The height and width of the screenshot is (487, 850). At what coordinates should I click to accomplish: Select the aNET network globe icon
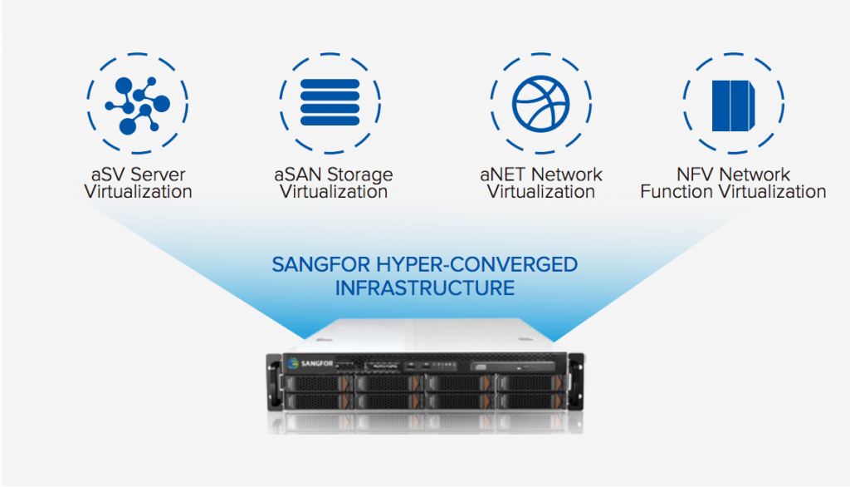pos(540,106)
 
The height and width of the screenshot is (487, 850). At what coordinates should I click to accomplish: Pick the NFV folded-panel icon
pos(735,106)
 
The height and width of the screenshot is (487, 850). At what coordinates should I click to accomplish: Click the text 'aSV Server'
pos(138,175)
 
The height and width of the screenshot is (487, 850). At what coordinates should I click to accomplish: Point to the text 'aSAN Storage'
pos(333,175)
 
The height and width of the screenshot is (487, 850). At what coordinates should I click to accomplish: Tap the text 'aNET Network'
pos(540,175)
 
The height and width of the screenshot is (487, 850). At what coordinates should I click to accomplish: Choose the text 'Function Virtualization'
pos(733,192)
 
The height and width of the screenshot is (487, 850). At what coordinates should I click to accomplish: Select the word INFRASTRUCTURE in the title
pos(424,288)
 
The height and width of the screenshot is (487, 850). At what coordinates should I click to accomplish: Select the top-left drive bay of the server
pos(315,384)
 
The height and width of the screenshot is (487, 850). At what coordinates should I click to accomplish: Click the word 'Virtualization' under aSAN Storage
pos(333,192)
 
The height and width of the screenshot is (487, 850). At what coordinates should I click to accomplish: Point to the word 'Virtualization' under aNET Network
pos(540,192)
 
